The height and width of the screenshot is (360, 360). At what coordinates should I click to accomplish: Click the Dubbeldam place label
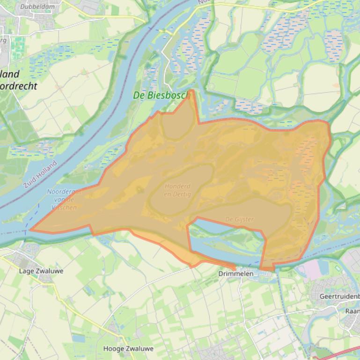[37, 7]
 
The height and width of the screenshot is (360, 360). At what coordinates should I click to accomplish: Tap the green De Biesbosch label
[160, 95]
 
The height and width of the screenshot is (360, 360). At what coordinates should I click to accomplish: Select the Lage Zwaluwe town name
[41, 271]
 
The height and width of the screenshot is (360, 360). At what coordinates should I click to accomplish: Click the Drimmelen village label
[236, 274]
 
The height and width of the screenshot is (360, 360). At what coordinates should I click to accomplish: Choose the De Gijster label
[239, 219]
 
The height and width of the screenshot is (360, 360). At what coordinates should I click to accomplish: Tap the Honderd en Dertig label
[177, 190]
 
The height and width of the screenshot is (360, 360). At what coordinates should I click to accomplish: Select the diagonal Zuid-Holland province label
[40, 174]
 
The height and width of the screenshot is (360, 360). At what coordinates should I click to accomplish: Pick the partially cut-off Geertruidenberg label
[339, 296]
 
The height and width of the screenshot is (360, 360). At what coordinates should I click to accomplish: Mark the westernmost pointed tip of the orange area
[31, 230]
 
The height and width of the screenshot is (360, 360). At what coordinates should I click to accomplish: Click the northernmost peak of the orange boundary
[192, 91]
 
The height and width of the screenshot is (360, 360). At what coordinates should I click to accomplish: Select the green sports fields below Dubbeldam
[18, 47]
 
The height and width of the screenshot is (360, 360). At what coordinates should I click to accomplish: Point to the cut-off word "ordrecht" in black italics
[19, 86]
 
